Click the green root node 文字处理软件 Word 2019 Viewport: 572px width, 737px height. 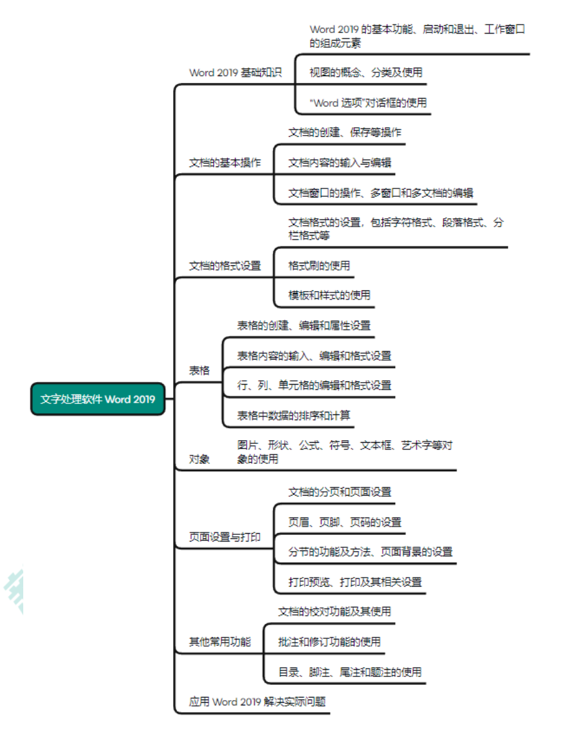point(97,399)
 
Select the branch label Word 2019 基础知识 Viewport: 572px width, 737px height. point(236,72)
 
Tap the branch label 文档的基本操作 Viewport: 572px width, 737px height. point(225,163)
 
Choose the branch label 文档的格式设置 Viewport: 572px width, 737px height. point(225,266)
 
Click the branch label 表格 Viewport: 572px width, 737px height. point(199,370)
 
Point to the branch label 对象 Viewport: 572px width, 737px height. point(199,459)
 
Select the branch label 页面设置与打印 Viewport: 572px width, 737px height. point(225,537)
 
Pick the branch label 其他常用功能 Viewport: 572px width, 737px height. point(220,641)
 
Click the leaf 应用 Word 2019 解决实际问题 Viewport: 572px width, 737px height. point(258,702)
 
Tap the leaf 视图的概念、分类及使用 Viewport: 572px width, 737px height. point(365,72)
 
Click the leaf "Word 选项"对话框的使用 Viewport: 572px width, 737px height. point(368,103)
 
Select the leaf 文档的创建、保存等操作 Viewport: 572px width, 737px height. point(345,132)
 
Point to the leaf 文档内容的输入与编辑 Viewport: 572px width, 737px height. point(340,163)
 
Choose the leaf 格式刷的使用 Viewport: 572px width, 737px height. point(319,266)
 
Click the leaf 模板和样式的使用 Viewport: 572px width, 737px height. point(329,295)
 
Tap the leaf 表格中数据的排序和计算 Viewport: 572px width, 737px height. point(294,416)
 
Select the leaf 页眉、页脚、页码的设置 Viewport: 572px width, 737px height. point(345,522)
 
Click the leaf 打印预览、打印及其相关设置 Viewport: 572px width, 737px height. point(355,582)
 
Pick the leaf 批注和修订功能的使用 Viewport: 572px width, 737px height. point(329,641)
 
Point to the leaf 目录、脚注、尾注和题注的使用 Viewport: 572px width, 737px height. point(350,672)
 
